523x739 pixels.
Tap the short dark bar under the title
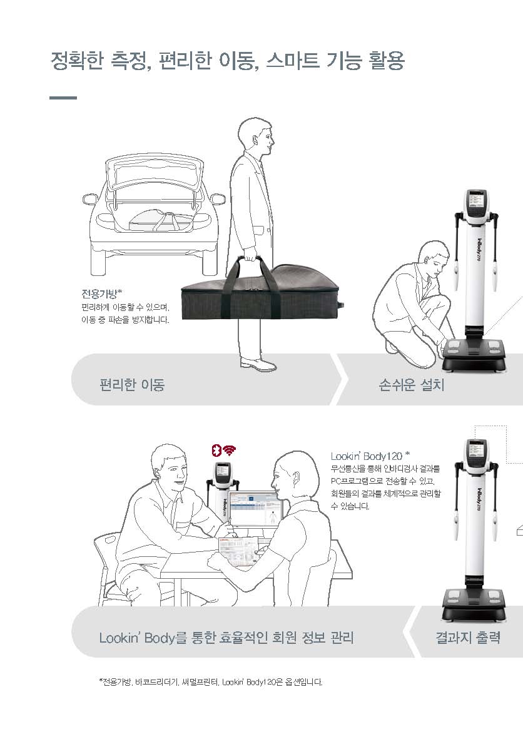click(x=63, y=98)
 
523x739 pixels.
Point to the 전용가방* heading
click(x=102, y=293)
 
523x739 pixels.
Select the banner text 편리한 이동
click(x=132, y=385)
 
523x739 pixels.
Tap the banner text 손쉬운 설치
click(x=412, y=385)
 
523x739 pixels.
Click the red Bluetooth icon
click(x=216, y=450)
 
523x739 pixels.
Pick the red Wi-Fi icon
click(x=230, y=450)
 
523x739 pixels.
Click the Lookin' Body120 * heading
click(x=370, y=456)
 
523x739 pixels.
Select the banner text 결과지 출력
click(x=467, y=638)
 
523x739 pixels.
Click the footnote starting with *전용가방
click(x=210, y=681)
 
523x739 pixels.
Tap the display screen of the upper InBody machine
click(x=476, y=200)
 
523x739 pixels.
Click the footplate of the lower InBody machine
click(x=474, y=605)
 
